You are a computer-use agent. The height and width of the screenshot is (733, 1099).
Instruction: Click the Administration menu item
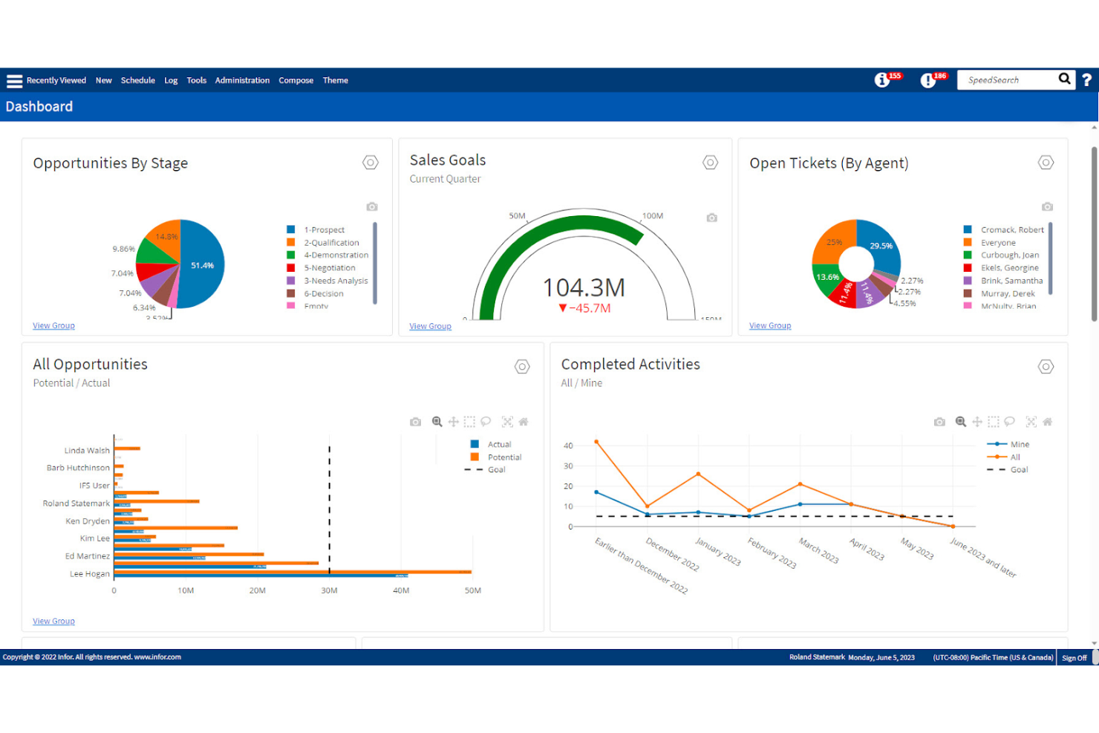[x=242, y=80]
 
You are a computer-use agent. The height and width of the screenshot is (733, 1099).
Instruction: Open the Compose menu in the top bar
[x=296, y=80]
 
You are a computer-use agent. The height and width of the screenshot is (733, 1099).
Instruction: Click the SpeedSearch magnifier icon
[x=1064, y=79]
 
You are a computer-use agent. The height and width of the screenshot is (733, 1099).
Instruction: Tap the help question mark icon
[x=1086, y=80]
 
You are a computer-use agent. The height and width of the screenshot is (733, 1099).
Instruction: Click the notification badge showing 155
[x=894, y=76]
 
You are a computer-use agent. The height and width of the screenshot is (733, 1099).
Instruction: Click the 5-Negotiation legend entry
[x=329, y=268]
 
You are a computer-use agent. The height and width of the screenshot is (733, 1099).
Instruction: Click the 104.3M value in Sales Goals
[x=584, y=287]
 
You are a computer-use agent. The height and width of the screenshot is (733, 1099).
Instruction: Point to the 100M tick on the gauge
[x=652, y=216]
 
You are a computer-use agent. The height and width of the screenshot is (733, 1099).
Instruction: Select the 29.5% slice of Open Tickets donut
[x=881, y=246]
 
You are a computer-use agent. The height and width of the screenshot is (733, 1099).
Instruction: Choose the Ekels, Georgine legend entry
[x=1009, y=268]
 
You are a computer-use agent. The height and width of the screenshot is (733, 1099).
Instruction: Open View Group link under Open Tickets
[x=770, y=326]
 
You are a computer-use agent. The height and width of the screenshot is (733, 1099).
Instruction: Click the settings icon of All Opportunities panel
[x=522, y=366]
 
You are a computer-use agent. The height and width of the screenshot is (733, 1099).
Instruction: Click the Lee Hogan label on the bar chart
[x=89, y=574]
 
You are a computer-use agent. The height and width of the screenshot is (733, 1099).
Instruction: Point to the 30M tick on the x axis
[x=329, y=591]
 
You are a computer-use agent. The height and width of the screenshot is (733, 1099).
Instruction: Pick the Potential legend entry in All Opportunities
[x=504, y=457]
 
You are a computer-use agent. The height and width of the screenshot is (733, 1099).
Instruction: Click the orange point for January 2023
[x=698, y=474]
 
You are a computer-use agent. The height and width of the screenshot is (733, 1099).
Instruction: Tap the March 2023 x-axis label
[x=818, y=550]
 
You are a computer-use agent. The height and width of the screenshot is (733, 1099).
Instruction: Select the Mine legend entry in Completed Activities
[x=1020, y=444]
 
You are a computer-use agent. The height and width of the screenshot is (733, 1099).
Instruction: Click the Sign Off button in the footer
[x=1074, y=658]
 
